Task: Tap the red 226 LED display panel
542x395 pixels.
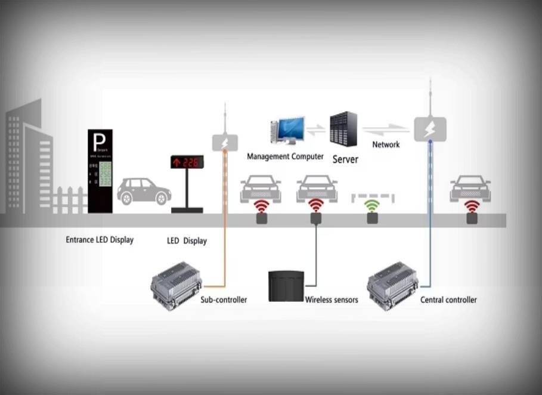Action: click(187, 162)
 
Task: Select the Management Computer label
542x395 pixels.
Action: click(285, 157)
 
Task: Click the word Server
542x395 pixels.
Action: click(345, 159)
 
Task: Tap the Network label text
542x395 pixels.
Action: click(386, 144)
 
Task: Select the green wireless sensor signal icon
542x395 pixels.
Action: click(373, 206)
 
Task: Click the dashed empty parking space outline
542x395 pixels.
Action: click(372, 196)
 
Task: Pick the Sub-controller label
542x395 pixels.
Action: click(224, 300)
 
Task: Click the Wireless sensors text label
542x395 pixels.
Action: click(332, 300)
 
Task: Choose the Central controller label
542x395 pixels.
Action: click(448, 300)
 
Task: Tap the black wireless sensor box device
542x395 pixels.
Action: click(286, 286)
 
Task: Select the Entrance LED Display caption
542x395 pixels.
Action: click(100, 240)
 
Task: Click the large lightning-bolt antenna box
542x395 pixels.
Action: click(430, 129)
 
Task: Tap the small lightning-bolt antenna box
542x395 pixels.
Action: click(225, 143)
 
